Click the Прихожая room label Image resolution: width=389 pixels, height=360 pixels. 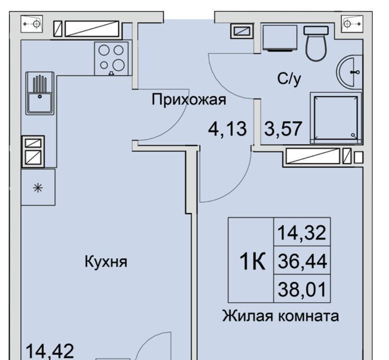pos(189,99)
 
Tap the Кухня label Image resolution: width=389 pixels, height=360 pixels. pos(106,262)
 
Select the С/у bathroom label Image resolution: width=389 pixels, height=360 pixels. pos(289,79)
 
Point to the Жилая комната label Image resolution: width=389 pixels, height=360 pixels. pos(280,316)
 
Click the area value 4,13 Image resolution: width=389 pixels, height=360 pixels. pos(228,129)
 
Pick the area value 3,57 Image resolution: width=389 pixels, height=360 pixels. pos(283,128)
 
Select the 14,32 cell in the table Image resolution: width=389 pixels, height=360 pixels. pos(302,233)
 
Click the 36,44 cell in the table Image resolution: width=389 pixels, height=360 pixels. pos(302,261)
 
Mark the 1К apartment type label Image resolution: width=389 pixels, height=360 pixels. pos(252,261)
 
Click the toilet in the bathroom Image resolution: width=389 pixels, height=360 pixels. pos(316,43)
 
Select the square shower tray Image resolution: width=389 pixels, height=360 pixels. pos(336,118)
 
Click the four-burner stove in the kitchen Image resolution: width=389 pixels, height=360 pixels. pos(112,58)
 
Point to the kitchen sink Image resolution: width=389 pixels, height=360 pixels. pos(40,93)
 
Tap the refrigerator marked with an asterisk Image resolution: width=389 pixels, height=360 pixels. pos(38,187)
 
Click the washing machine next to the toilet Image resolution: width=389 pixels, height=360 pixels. pos(279,38)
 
